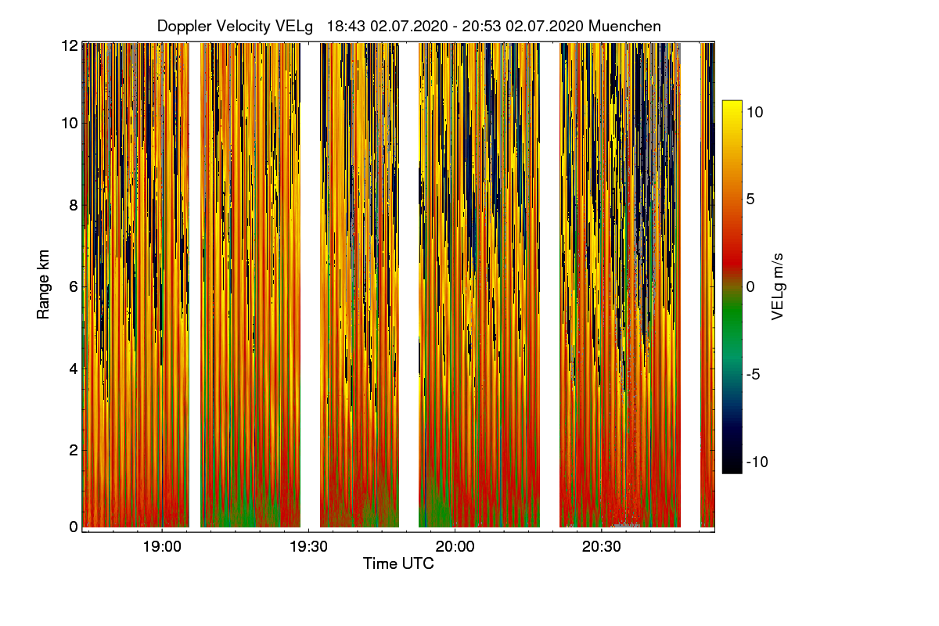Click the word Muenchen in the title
point(624,26)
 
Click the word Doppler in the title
point(182,26)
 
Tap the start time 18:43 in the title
point(346,26)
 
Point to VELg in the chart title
point(294,26)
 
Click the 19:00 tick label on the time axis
point(162,547)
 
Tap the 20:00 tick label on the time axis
point(455,547)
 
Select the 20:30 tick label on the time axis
point(601,547)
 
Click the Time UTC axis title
point(398,563)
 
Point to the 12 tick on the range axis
point(69,45)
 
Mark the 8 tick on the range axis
point(73,206)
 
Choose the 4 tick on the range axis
point(73,368)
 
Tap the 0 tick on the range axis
point(73,527)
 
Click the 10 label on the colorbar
point(755,112)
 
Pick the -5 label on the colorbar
point(755,374)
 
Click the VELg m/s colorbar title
point(778,286)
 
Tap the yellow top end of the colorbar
point(732,105)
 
